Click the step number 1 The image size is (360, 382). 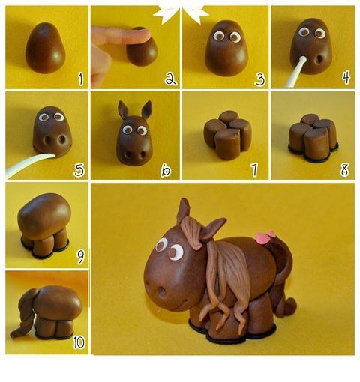pos(80,79)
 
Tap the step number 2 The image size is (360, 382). pos(170,79)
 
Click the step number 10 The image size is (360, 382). pos(79,342)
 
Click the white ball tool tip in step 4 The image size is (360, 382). pos(303,60)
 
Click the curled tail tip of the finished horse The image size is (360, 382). pos(290,306)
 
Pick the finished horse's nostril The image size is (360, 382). pos(162,292)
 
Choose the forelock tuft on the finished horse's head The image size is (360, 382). pos(191,232)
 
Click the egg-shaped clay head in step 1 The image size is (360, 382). pos(46,49)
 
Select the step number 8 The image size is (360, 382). pos(344,169)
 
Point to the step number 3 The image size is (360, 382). pos(259,79)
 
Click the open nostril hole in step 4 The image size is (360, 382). pos(319,60)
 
